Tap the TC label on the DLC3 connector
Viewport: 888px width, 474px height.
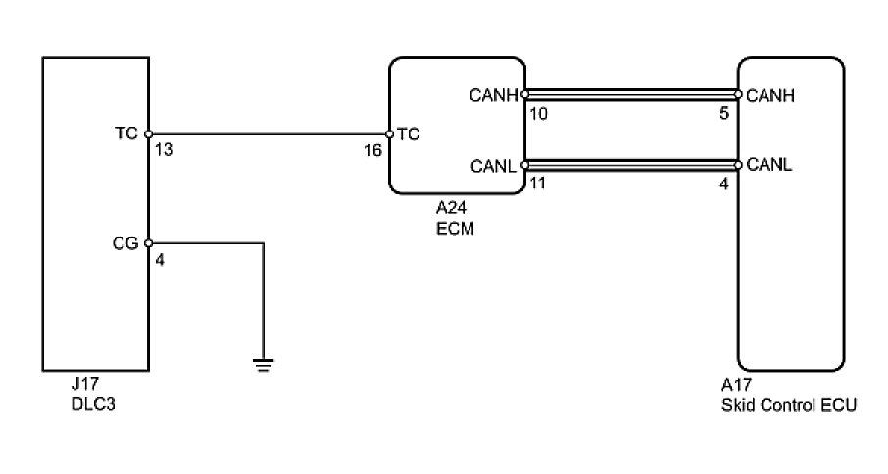click(126, 133)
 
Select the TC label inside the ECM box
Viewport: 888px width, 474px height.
click(409, 134)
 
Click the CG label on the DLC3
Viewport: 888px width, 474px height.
click(125, 242)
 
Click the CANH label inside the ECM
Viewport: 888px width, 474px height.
click(493, 95)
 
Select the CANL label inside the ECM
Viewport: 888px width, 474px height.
click(494, 165)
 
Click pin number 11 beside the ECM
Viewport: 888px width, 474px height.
click(536, 183)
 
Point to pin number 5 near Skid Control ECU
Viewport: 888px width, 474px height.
click(723, 113)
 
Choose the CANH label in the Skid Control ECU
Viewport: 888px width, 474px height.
click(770, 95)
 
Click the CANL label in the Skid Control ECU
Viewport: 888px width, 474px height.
click(769, 165)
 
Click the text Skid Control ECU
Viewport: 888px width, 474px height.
click(788, 404)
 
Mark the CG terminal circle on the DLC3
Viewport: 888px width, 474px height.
click(148, 242)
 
